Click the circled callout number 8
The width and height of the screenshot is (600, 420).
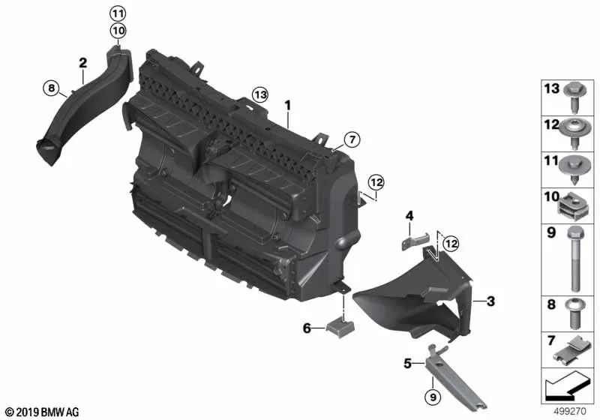tap(51, 88)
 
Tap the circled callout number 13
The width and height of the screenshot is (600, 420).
tap(259, 95)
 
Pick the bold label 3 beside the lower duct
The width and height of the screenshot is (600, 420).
tap(490, 301)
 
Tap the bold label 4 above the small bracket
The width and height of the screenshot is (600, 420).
tap(409, 217)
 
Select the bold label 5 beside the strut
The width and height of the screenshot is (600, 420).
tap(408, 364)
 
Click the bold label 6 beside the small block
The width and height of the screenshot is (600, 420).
tap(306, 328)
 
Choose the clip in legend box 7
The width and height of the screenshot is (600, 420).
tap(574, 349)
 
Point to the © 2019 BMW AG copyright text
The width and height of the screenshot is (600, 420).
tap(40, 412)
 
